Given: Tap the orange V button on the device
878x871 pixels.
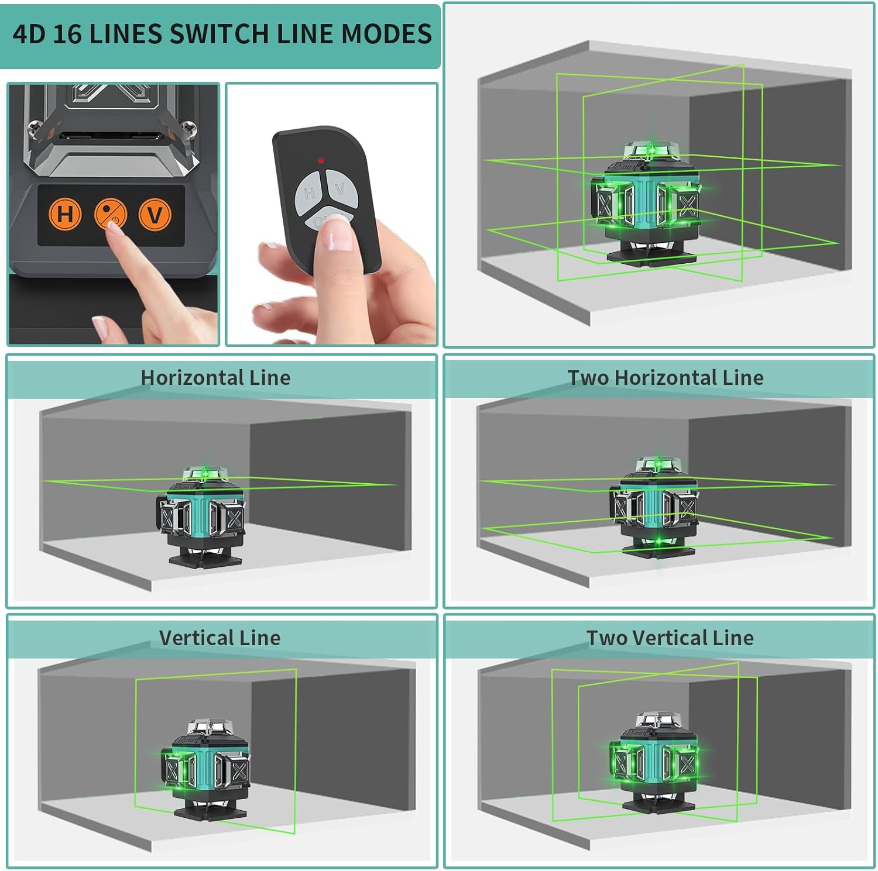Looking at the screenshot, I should (155, 214).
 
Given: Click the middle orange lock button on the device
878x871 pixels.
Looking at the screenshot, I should (110, 214).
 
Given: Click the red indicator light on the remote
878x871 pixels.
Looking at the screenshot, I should (321, 160).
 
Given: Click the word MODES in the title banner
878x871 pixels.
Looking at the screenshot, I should (386, 34).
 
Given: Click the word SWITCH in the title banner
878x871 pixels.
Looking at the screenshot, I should (220, 34).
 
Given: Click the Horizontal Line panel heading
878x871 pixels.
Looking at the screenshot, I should (215, 378).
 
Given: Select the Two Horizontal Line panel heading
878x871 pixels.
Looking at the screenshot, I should (665, 378).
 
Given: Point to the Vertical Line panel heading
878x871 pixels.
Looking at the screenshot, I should (220, 638).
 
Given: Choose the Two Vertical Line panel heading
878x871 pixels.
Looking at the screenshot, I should (670, 638).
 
